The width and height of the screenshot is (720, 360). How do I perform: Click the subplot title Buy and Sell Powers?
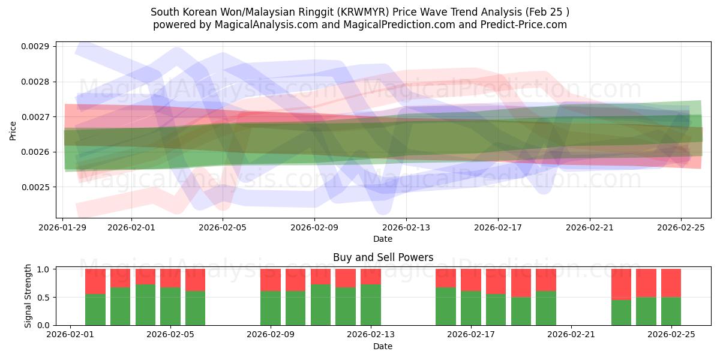(x=383, y=257)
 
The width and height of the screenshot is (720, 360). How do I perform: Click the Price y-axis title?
(x=13, y=130)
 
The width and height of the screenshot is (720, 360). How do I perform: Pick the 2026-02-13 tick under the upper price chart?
(x=406, y=227)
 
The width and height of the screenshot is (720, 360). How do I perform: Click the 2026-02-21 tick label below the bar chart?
(x=571, y=334)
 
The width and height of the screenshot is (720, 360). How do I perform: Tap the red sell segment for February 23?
(x=621, y=284)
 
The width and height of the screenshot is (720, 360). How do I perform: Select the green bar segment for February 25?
(x=671, y=311)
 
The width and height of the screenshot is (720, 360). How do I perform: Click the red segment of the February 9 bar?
(x=271, y=280)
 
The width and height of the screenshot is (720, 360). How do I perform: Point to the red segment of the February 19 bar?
(x=521, y=283)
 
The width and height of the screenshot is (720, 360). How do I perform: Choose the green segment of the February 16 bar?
(x=446, y=306)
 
